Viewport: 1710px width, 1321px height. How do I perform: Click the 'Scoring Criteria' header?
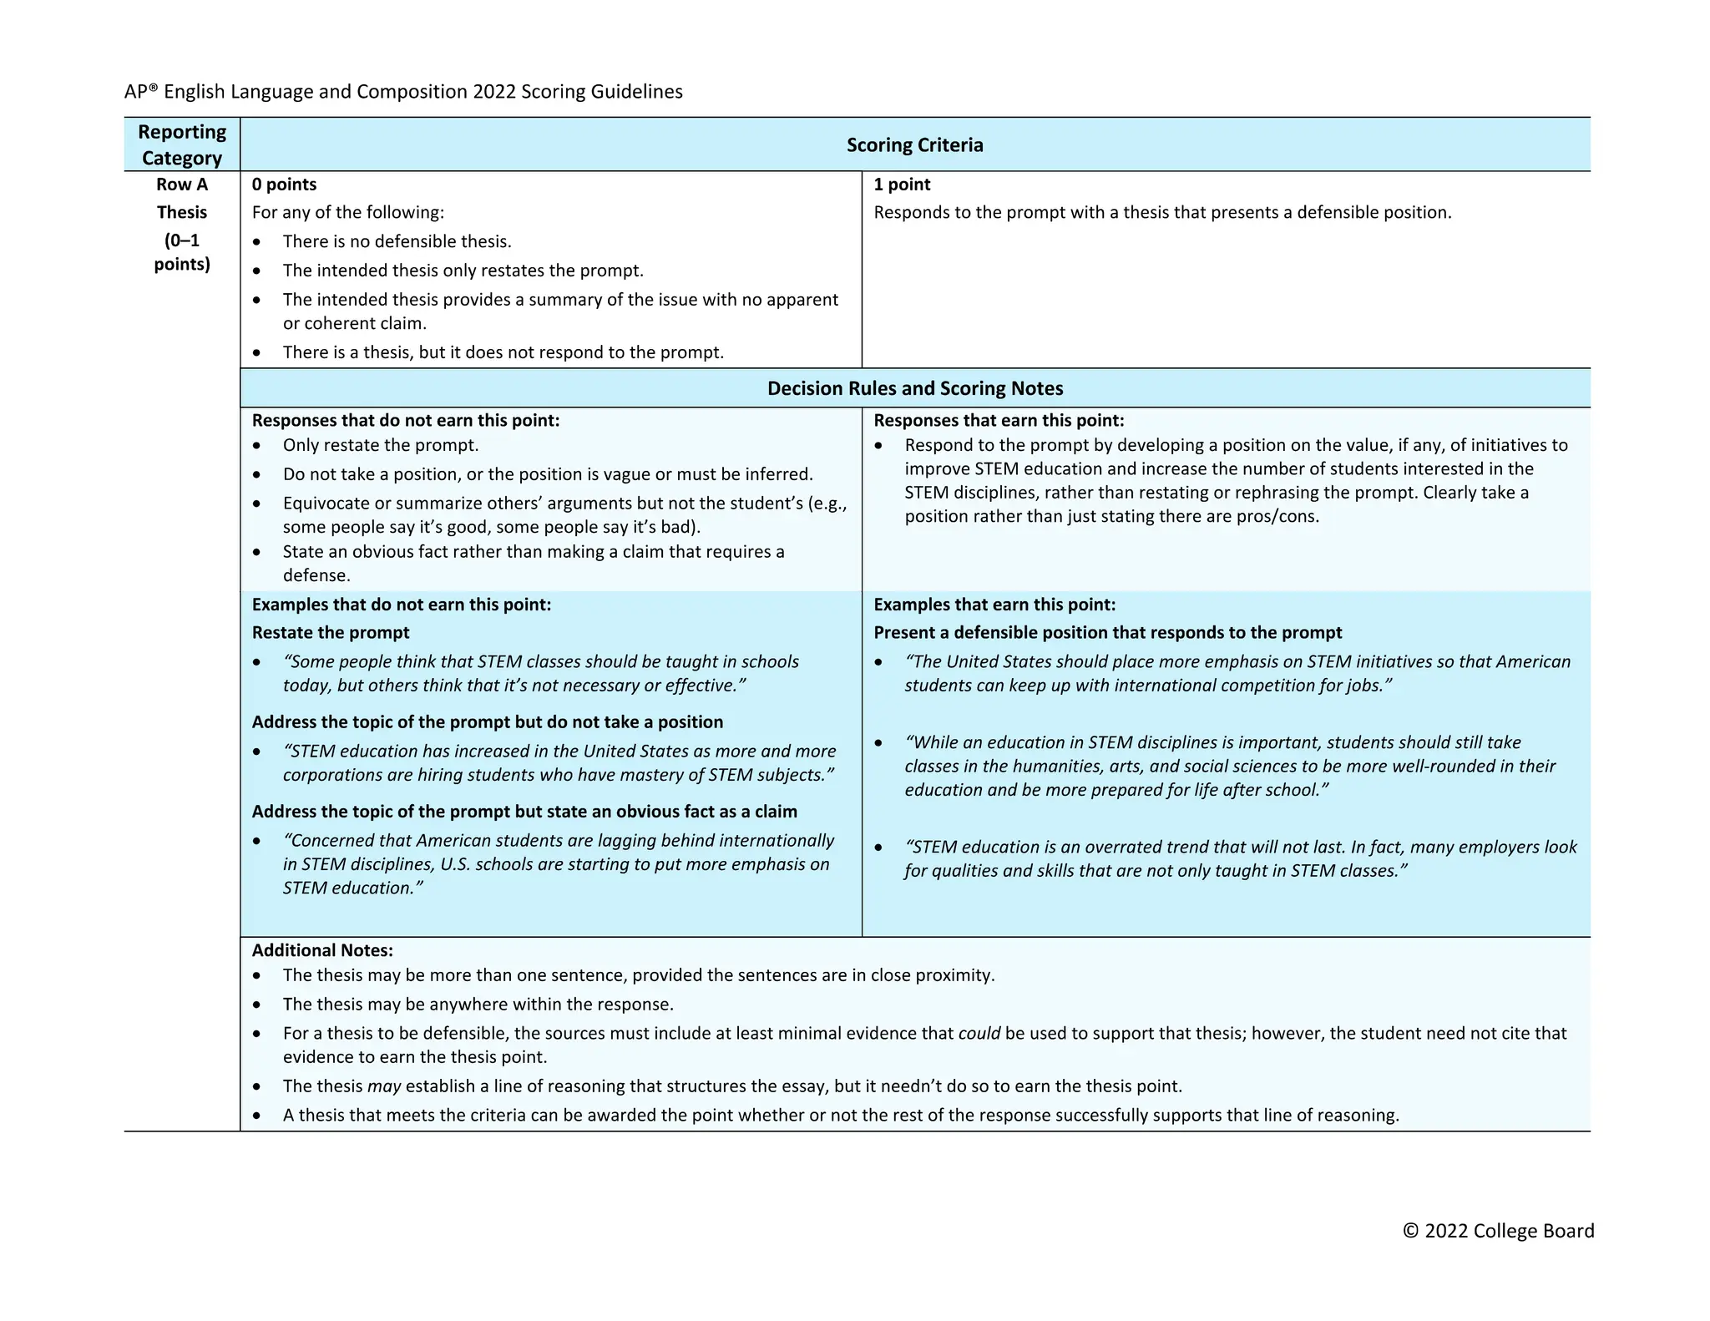pos(914,144)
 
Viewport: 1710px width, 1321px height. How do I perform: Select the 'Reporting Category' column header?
pos(181,144)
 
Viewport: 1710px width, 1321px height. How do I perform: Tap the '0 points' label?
pos(284,185)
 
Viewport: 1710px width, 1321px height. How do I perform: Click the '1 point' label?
pos(902,185)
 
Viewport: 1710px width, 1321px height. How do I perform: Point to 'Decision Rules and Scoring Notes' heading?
pos(914,388)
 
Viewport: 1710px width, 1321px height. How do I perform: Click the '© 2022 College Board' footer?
pos(1498,1231)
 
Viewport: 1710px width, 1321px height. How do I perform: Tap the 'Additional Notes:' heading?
pos(322,950)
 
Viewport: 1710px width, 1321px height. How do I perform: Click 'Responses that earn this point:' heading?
pos(999,421)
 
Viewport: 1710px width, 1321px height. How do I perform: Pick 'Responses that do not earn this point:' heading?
pos(406,421)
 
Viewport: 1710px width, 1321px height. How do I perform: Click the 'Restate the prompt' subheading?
pos(331,633)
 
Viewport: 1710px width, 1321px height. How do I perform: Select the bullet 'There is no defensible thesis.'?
pos(397,242)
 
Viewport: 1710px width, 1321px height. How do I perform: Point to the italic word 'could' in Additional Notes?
pos(979,1034)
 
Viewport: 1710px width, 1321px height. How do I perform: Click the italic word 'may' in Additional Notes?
pos(384,1086)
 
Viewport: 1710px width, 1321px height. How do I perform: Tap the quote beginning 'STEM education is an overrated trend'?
pos(1240,858)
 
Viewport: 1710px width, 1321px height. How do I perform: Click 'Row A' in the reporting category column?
pos(181,185)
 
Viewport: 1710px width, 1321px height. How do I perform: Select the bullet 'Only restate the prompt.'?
pos(380,446)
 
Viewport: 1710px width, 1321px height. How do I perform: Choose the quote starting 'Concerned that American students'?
pos(557,864)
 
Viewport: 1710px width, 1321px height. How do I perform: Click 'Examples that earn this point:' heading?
pos(994,605)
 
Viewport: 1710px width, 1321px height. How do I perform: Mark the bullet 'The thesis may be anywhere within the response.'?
pos(478,1005)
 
